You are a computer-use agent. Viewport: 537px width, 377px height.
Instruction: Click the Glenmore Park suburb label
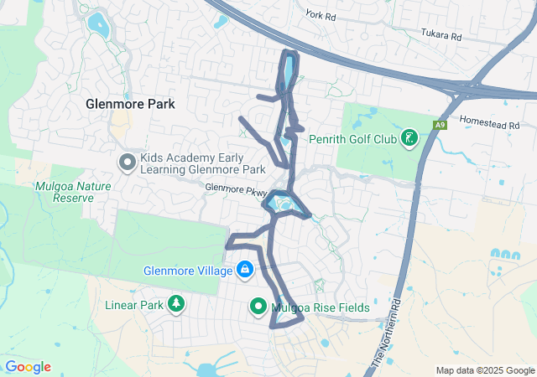pos(131,104)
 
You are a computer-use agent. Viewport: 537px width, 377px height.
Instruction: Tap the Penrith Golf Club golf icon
pos(409,137)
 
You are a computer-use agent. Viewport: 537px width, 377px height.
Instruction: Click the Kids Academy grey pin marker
pos(128,162)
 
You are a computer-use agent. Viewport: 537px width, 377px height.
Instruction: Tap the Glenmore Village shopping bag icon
pos(245,270)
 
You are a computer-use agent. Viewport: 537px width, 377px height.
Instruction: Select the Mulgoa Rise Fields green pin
pos(258,307)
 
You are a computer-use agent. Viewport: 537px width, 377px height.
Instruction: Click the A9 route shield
pos(439,125)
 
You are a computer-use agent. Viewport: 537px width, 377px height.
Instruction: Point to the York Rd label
pos(321,14)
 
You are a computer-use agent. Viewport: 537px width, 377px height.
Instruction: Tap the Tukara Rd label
pos(441,36)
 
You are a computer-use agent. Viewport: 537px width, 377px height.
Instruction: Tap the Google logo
pos(28,367)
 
